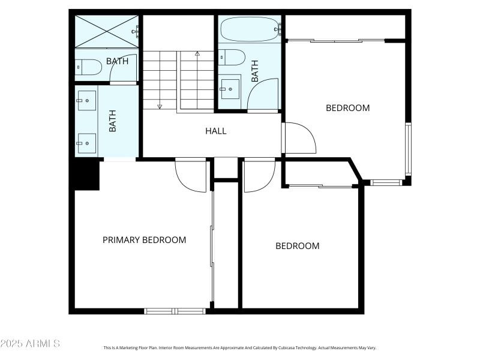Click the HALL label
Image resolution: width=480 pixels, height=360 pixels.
click(216, 131)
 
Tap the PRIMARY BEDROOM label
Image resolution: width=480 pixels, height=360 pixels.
click(144, 240)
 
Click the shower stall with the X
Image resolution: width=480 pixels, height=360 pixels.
click(107, 31)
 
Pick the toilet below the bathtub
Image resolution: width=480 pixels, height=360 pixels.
click(232, 58)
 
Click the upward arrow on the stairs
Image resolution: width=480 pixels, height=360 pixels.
click(197, 53)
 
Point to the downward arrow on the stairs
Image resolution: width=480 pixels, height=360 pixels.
click(160, 106)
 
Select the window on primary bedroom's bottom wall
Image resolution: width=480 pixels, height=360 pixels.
click(175, 311)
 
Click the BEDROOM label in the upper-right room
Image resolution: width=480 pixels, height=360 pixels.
click(347, 109)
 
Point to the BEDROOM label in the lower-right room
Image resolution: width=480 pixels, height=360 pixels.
click(297, 246)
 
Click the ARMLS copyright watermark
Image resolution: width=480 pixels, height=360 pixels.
click(30, 344)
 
